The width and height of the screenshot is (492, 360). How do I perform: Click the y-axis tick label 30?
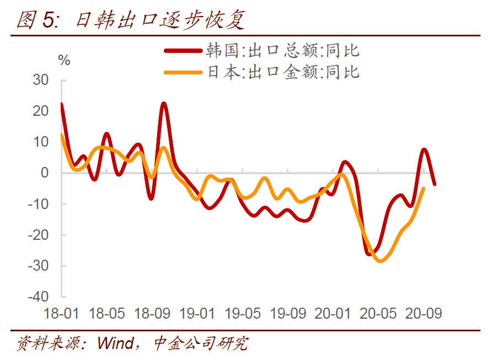[41, 80]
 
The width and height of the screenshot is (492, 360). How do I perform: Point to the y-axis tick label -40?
[38, 297]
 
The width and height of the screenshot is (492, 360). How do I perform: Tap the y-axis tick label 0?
[45, 173]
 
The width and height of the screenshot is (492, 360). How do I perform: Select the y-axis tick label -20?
[38, 234]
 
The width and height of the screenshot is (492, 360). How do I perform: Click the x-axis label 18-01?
[61, 314]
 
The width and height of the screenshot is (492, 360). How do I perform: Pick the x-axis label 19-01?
[197, 314]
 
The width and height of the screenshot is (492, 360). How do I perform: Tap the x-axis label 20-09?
[423, 314]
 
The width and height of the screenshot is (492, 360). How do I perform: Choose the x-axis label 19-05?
[243, 314]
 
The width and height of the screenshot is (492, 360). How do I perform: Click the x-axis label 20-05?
[378, 314]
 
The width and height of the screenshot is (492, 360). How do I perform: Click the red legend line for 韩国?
[183, 51]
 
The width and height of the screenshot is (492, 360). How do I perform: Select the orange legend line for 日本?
[183, 72]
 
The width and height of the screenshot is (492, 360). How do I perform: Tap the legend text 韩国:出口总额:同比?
[282, 51]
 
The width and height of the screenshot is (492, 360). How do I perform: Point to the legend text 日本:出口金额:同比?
[284, 72]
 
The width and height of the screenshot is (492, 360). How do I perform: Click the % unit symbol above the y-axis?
[64, 60]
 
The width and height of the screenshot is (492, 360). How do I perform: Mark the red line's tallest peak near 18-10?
[164, 104]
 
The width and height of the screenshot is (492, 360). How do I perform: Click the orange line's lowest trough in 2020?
[381, 260]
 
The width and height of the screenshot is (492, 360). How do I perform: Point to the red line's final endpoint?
[435, 184]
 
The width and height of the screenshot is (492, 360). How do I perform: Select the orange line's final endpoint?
[424, 188]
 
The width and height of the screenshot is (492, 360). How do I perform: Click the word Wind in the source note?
[116, 343]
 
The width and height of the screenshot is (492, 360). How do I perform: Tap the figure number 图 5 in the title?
[37, 20]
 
